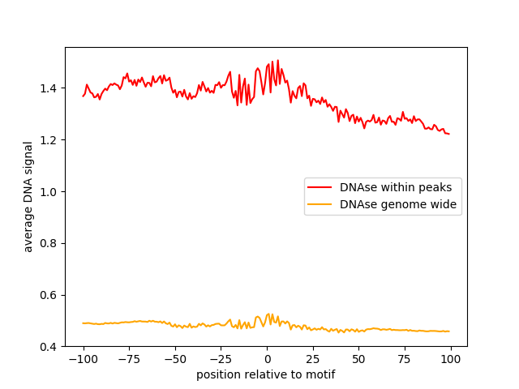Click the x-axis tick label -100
[83, 359]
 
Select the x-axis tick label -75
[129, 359]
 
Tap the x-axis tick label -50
[175, 359]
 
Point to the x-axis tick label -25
[221, 359]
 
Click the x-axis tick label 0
[267, 359]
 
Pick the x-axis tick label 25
[313, 359]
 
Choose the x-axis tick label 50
[359, 359]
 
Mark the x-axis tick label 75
[405, 359]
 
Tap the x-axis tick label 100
[451, 359]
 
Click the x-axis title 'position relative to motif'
[266, 374]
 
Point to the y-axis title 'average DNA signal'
[28, 196]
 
